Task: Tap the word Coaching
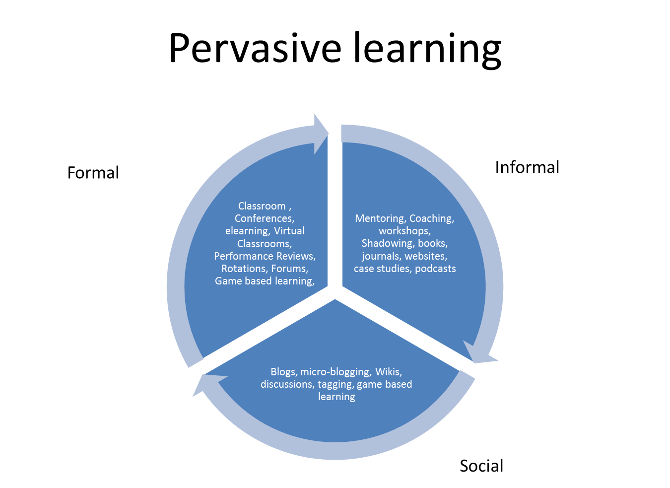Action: [431, 218]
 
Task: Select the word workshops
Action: [404, 231]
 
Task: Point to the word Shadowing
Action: [387, 243]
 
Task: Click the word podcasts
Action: [435, 269]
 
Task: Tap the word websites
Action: [426, 256]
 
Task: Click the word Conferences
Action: [264, 218]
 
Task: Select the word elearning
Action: [247, 231]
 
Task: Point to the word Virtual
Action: [289, 231]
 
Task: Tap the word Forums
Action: [289, 269]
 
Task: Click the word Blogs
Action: [283, 372]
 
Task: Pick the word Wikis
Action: [388, 372]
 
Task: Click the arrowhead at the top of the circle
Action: [320, 133]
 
